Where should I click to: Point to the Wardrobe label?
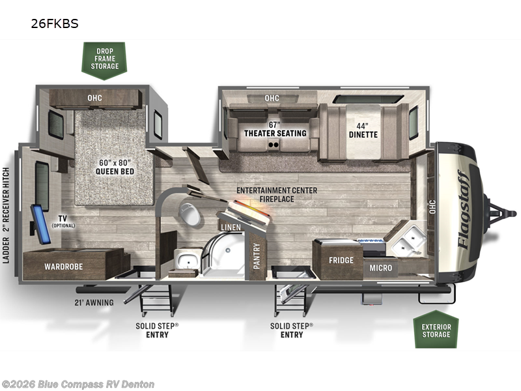coord(63,267)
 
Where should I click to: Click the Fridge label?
coord(341,261)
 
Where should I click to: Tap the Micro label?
coord(381,267)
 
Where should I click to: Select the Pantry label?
coord(257,255)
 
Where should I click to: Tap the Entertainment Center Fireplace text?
coord(277,194)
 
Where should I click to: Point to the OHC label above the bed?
coord(94,98)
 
